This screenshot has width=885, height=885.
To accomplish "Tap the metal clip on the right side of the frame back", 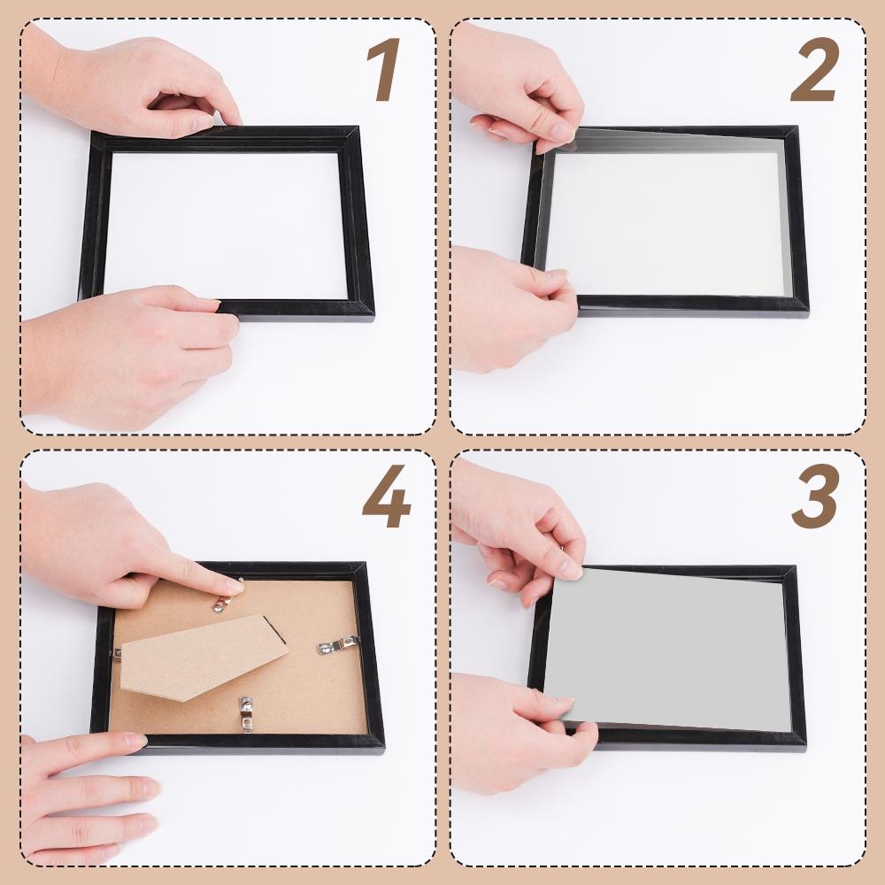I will click(339, 645).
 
